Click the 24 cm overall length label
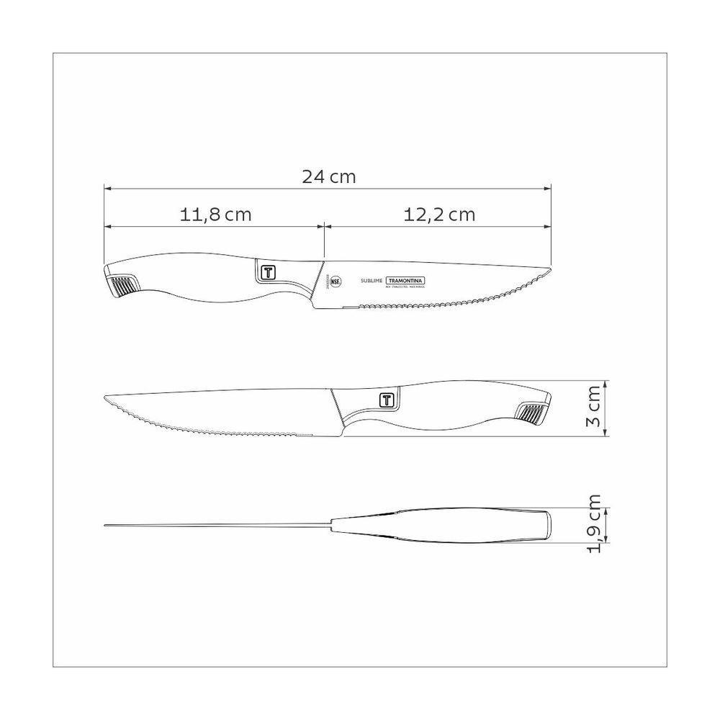pyautogui.click(x=328, y=176)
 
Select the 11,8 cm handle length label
pyautogui.click(x=215, y=214)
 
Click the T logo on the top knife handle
pyautogui.click(x=266, y=271)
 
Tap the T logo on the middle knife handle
pyautogui.click(x=387, y=400)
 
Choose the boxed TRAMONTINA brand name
pyautogui.click(x=405, y=281)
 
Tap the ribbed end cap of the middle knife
pyautogui.click(x=531, y=413)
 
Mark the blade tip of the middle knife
pyautogui.click(x=107, y=397)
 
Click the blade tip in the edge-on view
pyautogui.click(x=105, y=524)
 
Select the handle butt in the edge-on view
pyautogui.click(x=547, y=524)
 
